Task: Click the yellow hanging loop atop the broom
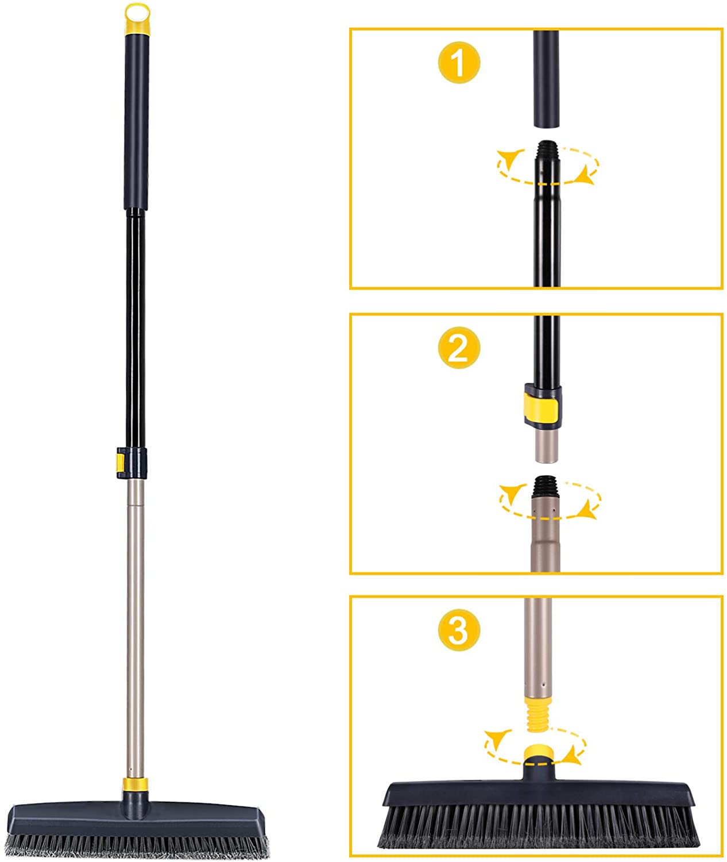137,10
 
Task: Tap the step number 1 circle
459,63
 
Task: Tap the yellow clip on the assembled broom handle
120,463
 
